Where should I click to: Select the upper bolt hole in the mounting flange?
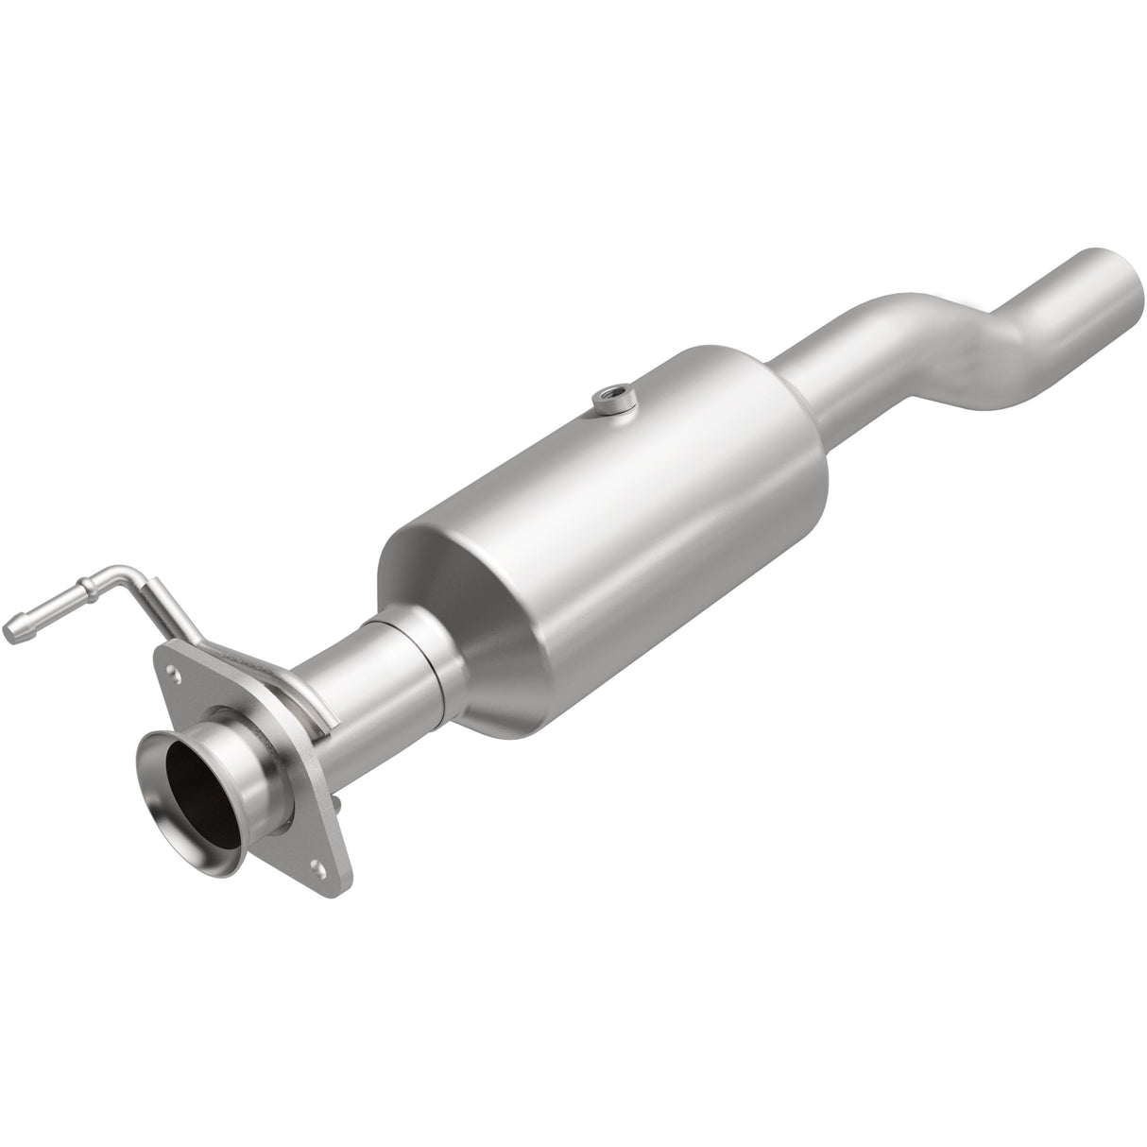click(173, 674)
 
